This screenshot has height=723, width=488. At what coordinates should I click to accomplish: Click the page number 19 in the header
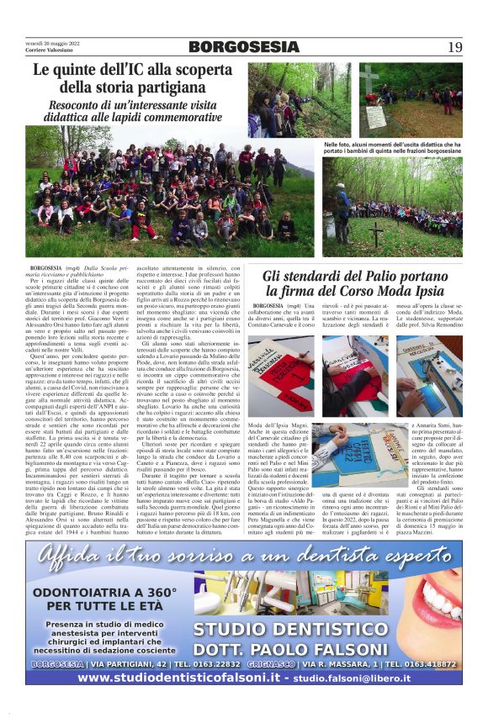(x=455, y=47)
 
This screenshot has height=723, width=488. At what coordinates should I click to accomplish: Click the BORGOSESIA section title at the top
(x=244, y=47)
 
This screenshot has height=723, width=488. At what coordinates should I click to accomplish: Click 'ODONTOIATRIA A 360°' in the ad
(x=105, y=592)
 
